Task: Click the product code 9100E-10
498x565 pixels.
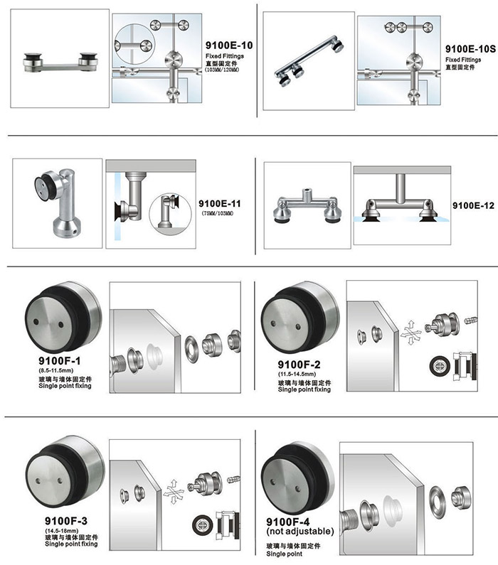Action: (x=229, y=45)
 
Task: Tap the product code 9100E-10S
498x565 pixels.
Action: (x=470, y=48)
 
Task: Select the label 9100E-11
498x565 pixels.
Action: (x=219, y=203)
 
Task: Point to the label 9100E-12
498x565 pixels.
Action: (x=473, y=205)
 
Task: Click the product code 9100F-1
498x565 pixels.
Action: (x=60, y=361)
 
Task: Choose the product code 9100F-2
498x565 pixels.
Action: (x=299, y=365)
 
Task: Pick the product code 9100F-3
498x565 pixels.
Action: (x=66, y=521)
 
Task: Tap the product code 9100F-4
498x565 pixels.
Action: (x=287, y=522)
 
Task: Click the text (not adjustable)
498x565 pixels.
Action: (x=300, y=531)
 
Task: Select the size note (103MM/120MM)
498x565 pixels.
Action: (x=222, y=70)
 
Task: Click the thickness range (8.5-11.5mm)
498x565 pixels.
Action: (x=56, y=370)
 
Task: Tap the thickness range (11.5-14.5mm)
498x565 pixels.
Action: (x=297, y=374)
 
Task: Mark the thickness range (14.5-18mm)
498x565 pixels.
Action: (x=62, y=531)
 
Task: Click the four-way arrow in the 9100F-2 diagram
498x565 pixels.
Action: (x=410, y=332)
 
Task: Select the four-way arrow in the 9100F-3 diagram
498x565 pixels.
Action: (x=174, y=492)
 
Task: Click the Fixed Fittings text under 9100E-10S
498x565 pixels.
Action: (x=463, y=60)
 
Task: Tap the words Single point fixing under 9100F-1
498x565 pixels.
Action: (x=65, y=386)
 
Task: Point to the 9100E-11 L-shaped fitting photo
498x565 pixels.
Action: (x=60, y=203)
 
